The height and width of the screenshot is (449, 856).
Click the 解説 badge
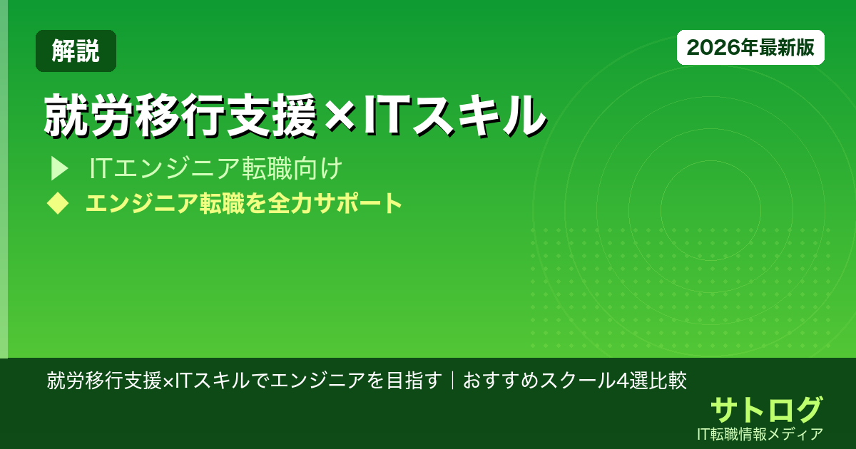[76, 51]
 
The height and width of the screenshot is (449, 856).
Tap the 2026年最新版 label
[750, 48]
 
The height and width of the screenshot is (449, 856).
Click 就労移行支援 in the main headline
[179, 114]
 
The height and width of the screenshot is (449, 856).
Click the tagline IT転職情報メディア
[761, 433]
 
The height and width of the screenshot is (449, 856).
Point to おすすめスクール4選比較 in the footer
[575, 380]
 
